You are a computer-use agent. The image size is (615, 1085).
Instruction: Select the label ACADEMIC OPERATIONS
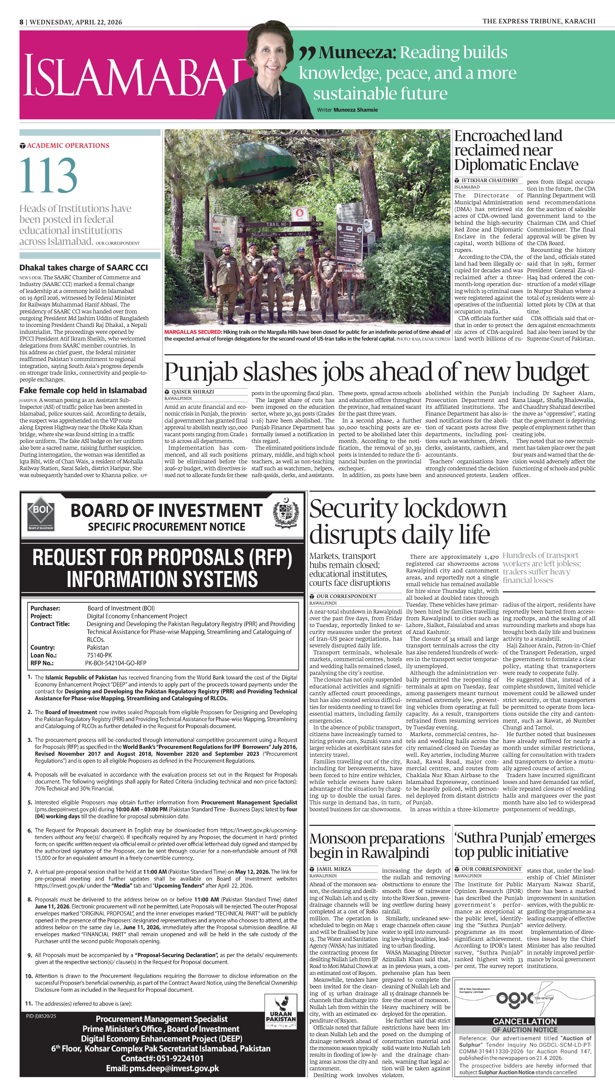pyautogui.click(x=68, y=145)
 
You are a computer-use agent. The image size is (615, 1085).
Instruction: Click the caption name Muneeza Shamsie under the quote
pyautogui.click(x=356, y=110)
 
